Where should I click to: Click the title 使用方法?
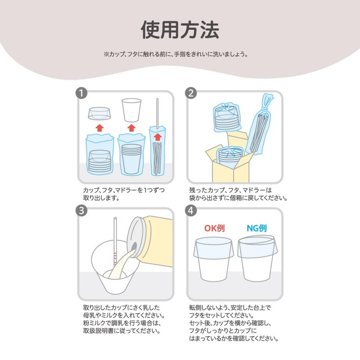click(x=180, y=30)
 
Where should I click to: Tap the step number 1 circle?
click(x=81, y=93)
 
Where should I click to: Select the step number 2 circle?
click(x=191, y=93)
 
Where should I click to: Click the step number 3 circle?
click(x=81, y=211)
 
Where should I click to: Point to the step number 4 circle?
click(x=191, y=211)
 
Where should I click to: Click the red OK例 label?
click(x=215, y=228)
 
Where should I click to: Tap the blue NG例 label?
click(x=256, y=228)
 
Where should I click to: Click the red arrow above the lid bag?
click(x=99, y=128)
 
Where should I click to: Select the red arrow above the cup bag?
click(x=131, y=128)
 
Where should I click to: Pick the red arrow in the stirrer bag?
click(x=158, y=137)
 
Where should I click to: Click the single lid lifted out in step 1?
click(x=99, y=113)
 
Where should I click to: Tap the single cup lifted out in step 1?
click(x=131, y=110)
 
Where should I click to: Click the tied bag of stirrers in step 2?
click(x=260, y=124)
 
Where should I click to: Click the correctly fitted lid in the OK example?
click(x=213, y=248)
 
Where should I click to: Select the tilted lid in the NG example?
click(x=257, y=246)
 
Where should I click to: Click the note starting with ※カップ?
click(x=176, y=54)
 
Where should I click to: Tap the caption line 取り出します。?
click(x=101, y=198)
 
